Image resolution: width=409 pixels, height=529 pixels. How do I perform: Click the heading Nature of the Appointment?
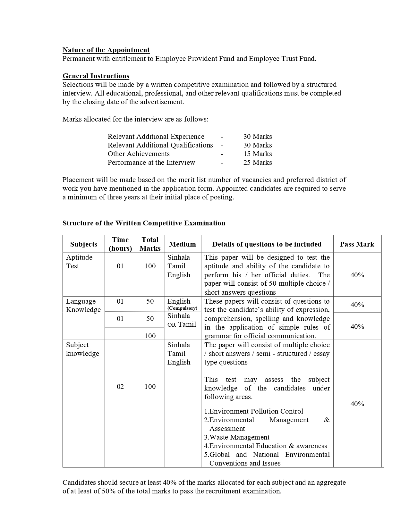coord(106,50)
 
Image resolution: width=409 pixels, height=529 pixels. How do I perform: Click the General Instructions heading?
coord(96,76)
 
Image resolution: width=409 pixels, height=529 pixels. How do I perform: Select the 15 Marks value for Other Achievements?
coord(257,154)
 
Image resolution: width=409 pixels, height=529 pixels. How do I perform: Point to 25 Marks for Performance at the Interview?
coord(257,163)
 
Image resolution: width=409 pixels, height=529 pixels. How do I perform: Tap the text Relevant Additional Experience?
coord(156,137)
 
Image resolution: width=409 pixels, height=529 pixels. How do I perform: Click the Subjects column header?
coord(83,244)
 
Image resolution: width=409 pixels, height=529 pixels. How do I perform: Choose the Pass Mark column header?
coord(357,244)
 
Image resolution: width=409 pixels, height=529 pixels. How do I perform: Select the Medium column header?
coord(182,244)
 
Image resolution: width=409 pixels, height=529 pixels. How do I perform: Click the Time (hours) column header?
coord(120,244)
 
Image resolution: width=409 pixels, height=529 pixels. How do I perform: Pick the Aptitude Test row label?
coord(79,262)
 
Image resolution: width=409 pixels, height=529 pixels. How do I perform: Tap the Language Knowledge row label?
coord(83,306)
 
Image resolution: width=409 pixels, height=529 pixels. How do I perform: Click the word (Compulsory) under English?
coord(182,308)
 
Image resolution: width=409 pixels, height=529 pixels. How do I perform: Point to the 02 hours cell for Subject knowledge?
coord(120,387)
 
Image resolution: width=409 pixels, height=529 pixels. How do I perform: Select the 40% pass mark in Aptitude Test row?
coord(357,275)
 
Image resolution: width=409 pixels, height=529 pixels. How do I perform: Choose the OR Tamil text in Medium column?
coord(182,324)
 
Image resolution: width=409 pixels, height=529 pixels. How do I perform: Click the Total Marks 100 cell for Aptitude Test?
coord(150,266)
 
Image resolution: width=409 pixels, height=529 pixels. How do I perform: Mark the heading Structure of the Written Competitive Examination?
coord(144,223)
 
